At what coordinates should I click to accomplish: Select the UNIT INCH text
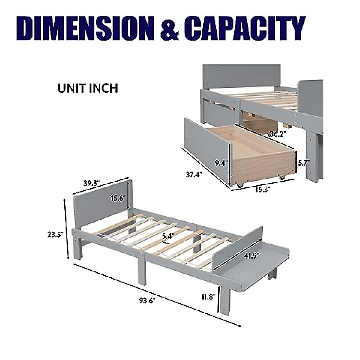click(88, 88)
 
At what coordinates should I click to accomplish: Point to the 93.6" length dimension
click(147, 306)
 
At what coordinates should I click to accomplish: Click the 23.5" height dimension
click(55, 235)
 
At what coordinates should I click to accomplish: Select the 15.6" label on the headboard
click(118, 198)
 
